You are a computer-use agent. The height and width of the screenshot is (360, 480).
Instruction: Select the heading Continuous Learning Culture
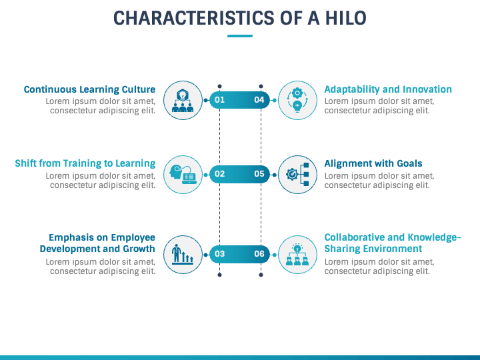click(x=89, y=89)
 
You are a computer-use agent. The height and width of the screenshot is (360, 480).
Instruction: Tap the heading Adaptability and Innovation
click(x=388, y=89)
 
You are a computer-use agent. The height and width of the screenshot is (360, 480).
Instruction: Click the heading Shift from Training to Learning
click(x=85, y=163)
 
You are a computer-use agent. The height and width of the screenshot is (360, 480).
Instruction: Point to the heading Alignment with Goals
click(x=373, y=163)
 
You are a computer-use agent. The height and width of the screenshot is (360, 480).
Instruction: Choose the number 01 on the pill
click(x=219, y=100)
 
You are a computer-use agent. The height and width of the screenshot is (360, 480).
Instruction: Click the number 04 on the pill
click(x=259, y=100)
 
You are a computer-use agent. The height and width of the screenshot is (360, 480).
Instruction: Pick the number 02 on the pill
click(x=219, y=174)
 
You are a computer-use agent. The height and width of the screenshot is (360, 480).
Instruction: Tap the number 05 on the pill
click(x=259, y=174)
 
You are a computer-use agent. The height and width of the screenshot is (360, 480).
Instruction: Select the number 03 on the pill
click(x=219, y=254)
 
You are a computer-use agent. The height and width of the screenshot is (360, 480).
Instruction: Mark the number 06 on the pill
click(x=259, y=254)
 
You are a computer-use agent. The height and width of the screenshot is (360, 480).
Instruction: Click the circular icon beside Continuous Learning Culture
click(x=183, y=100)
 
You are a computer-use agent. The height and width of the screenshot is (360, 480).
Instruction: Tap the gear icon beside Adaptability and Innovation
click(x=297, y=100)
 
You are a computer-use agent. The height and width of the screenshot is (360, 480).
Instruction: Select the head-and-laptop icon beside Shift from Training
click(x=183, y=174)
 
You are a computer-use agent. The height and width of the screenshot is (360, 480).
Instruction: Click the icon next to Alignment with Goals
click(x=297, y=174)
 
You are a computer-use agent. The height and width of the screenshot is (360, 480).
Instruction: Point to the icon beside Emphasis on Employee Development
click(x=183, y=254)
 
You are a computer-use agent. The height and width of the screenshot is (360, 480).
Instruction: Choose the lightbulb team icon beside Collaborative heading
click(x=297, y=254)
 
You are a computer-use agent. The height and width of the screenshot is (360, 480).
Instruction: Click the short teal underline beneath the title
click(x=240, y=36)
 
